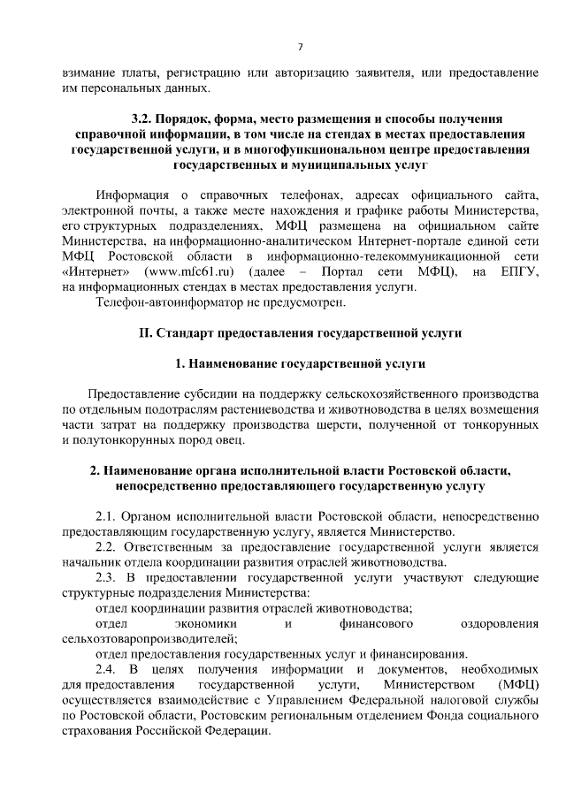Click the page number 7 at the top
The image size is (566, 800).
[300, 46]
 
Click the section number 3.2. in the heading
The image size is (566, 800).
[143, 118]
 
